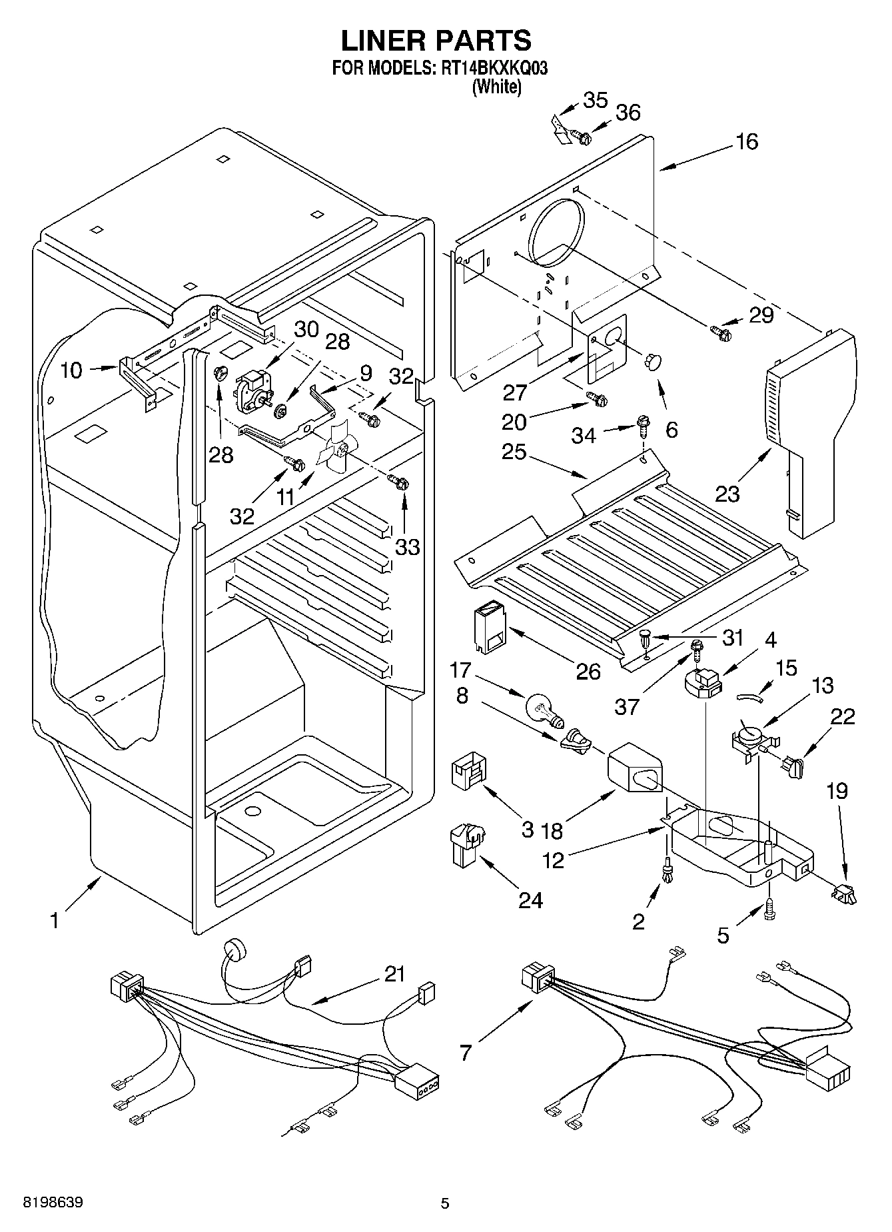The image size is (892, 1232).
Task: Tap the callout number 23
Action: (x=727, y=494)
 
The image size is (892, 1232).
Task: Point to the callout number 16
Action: (x=747, y=141)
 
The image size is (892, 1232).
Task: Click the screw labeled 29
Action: (x=721, y=330)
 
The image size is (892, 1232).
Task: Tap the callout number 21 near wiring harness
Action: (x=394, y=974)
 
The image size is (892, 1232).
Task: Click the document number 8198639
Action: (x=53, y=1203)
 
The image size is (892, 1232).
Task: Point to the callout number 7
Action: (x=466, y=1053)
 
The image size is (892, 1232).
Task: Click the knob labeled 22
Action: (x=794, y=766)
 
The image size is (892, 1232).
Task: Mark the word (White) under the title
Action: (x=496, y=87)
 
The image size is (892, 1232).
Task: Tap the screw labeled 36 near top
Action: (x=584, y=138)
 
